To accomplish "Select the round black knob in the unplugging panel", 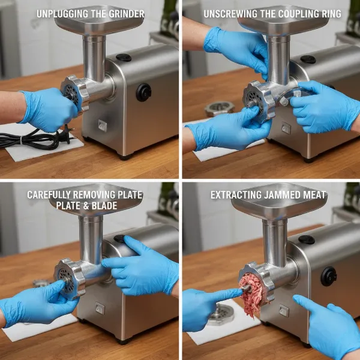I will (x=143, y=92).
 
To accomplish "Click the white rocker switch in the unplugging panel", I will (x=101, y=126).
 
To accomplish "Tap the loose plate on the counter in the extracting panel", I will (x=220, y=314).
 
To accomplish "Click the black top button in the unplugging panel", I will (x=124, y=58).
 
